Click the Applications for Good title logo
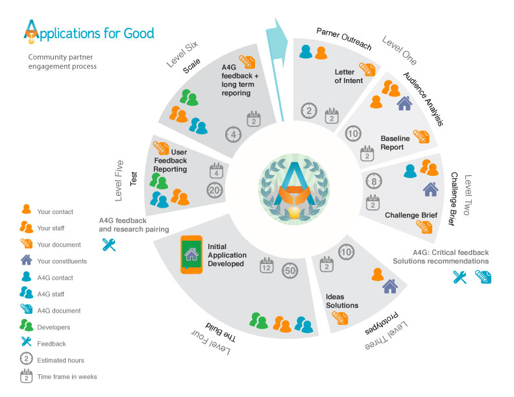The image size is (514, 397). coord(89,32)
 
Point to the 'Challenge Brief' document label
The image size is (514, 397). coord(411,215)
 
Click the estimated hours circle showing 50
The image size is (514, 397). coord(290,271)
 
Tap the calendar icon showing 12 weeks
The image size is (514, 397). coord(266,265)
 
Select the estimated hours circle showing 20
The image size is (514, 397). coord(214,189)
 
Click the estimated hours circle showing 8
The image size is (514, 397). coord(373,180)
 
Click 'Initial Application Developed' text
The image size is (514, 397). coord(226,255)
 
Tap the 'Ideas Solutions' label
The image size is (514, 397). coord(341,301)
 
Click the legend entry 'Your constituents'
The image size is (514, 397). coord(62,261)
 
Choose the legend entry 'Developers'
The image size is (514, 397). coord(53,328)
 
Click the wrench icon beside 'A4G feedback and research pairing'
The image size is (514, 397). coord(109,245)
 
